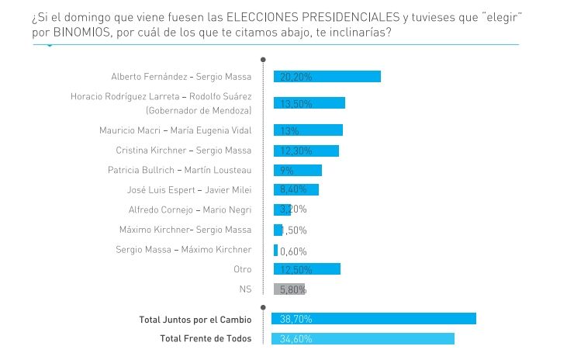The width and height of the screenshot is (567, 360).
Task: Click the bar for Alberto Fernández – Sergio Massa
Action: click(327, 76)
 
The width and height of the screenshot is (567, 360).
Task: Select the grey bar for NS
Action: click(289, 289)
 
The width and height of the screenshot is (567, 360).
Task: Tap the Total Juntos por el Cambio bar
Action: click(373, 319)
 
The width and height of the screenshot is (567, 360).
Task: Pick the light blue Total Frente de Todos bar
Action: click(362, 339)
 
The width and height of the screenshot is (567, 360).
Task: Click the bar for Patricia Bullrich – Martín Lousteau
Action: click(297, 170)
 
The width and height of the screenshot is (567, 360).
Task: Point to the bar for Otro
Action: click(306, 269)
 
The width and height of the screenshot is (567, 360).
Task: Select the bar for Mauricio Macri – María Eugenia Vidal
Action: click(308, 130)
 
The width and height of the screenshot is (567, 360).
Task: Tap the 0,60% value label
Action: click(293, 251)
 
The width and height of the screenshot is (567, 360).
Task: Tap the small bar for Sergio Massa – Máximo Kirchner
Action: click(275, 250)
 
